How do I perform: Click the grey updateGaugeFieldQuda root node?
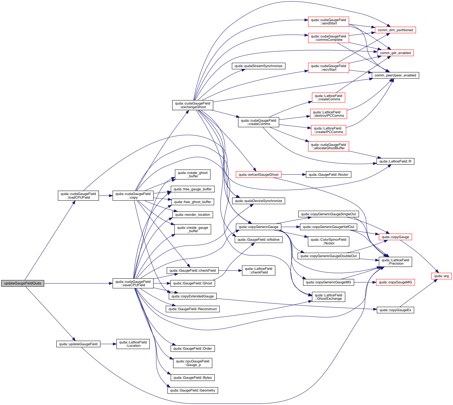point(23,283)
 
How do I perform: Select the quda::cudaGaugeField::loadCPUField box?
point(78,196)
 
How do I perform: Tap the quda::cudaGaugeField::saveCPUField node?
point(133,283)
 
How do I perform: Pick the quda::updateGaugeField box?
point(78,344)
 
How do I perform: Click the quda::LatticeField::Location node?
point(133,344)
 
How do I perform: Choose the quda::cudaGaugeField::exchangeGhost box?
point(192,105)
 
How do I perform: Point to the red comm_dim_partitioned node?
point(395,30)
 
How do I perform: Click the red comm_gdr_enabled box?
point(395,53)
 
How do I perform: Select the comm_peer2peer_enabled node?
point(395,75)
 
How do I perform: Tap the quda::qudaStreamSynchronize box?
point(258,66)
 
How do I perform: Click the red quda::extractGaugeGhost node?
point(258,175)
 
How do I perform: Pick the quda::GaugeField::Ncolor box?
point(328,175)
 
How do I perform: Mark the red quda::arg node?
point(441,276)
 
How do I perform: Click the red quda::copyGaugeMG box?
point(395,282)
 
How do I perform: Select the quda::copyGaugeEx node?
point(395,310)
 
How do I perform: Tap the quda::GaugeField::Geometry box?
point(192,390)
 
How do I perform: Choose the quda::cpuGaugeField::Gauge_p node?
point(192,363)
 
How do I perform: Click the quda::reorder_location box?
point(192,215)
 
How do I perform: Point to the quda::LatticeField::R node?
point(395,161)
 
